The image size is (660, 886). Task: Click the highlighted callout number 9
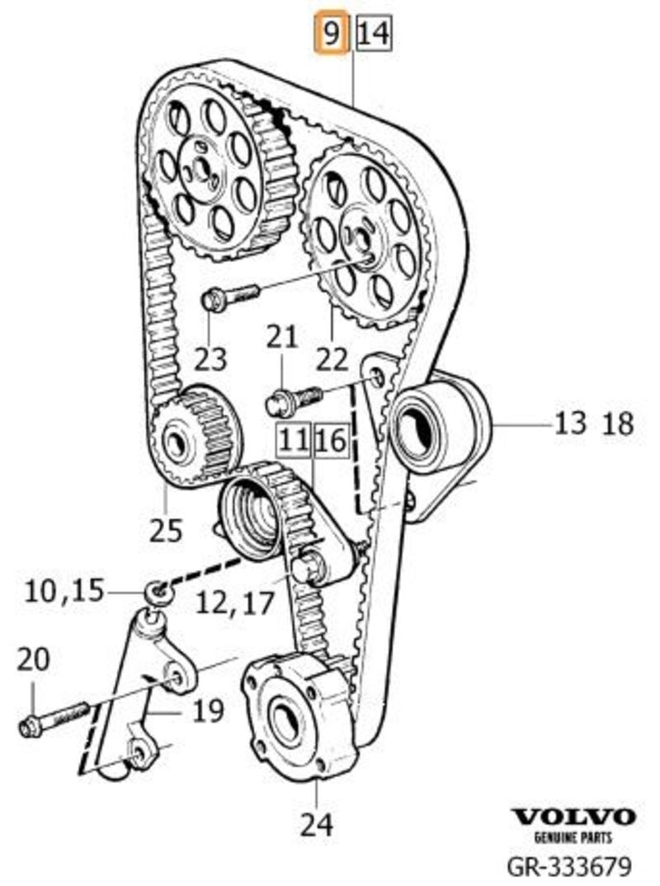point(332,35)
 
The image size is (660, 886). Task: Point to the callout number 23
point(210,358)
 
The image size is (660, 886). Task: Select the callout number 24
point(318,823)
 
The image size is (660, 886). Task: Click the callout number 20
point(34,659)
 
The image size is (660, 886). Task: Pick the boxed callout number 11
point(294,441)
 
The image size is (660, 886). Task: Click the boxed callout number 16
point(328,441)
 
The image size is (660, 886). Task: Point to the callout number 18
point(617,424)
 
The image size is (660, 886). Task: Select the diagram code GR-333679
point(569,865)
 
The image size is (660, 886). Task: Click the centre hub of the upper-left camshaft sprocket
point(199,164)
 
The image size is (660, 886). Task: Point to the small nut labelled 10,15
point(156,590)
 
